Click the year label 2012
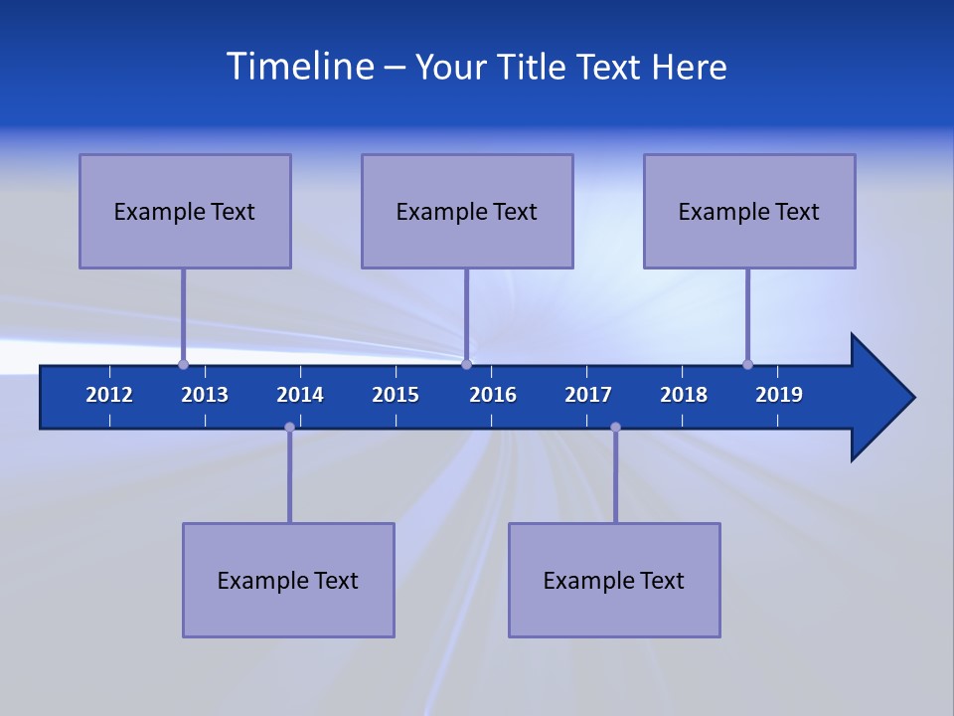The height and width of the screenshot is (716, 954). [x=109, y=395]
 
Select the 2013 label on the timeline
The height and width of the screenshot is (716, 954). [x=205, y=395]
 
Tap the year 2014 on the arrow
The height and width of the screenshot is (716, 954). [x=300, y=395]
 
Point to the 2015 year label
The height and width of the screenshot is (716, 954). [x=396, y=395]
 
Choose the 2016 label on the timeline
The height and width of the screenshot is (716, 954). [x=493, y=395]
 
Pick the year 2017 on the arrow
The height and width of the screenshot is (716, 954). [x=588, y=395]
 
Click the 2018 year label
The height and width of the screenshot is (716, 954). [x=684, y=395]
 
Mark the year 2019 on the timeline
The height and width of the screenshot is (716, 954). [x=779, y=395]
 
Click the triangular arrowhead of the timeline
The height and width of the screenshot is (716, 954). [x=880, y=398]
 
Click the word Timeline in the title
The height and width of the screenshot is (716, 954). [x=300, y=67]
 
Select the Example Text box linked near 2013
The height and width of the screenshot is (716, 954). [x=185, y=211]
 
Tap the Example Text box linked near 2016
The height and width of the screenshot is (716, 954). [x=467, y=211]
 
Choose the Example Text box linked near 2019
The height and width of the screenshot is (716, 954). [x=749, y=211]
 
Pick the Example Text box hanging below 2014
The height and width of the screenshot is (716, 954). [x=288, y=580]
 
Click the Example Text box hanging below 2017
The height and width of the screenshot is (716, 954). [x=614, y=580]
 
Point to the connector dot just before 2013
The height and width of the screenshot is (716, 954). [x=183, y=364]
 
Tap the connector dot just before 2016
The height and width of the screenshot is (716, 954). [x=466, y=364]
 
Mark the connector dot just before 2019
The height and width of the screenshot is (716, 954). [x=747, y=364]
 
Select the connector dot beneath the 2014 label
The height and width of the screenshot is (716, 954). [x=289, y=427]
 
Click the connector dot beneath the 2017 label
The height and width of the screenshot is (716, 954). [x=615, y=427]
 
